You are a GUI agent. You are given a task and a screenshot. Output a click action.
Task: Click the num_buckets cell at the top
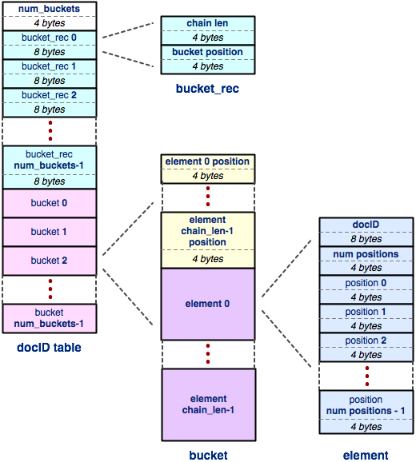pyautogui.click(x=50, y=9)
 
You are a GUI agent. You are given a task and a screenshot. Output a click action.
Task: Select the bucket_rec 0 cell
pyautogui.click(x=50, y=38)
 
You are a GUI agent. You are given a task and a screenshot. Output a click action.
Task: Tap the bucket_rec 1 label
pyautogui.click(x=50, y=66)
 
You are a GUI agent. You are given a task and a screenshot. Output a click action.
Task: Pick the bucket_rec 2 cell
pyautogui.click(x=50, y=95)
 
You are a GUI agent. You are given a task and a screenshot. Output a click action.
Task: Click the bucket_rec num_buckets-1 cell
pyautogui.click(x=50, y=160)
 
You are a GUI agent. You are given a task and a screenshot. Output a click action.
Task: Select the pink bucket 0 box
pyautogui.click(x=50, y=203)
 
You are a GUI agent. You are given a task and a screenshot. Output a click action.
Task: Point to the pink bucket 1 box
pyautogui.click(x=50, y=232)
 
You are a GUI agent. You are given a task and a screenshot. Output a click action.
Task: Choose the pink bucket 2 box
pyautogui.click(x=50, y=261)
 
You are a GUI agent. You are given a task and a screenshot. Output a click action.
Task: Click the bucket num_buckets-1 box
pyautogui.click(x=50, y=317)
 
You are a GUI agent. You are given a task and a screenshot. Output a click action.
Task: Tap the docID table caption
pyautogui.click(x=49, y=348)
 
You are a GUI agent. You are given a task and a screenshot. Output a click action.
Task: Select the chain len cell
pyautogui.click(x=207, y=24)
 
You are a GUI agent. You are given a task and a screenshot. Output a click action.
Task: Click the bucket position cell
pyautogui.click(x=207, y=53)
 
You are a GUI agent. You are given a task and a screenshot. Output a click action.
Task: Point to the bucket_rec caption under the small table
pyautogui.click(x=207, y=88)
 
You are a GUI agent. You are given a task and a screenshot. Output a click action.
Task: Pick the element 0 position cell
pyautogui.click(x=207, y=162)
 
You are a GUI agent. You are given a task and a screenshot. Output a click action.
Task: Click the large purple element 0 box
pyautogui.click(x=208, y=304)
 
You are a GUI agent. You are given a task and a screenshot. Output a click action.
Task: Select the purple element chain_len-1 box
pyautogui.click(x=208, y=404)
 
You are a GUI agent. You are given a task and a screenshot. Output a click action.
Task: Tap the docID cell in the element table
pyautogui.click(x=366, y=225)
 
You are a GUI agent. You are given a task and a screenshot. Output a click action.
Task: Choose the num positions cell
pyautogui.click(x=366, y=254)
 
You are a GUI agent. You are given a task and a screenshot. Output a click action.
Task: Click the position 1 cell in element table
pyautogui.click(x=366, y=312)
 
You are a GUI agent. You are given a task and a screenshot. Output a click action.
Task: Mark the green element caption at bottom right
pyautogui.click(x=366, y=456)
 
